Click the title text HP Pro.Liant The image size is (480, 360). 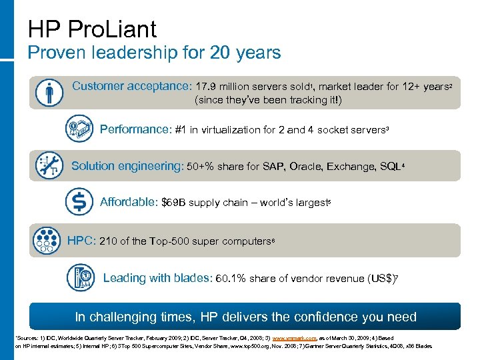93,29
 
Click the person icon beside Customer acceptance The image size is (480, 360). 50,92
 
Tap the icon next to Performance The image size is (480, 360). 79,128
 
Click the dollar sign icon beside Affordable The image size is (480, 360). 79,201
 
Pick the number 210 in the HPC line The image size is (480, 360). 108,241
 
